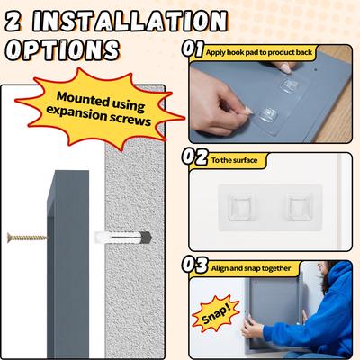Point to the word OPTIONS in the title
pos(59,49)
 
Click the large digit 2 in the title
pos(17,20)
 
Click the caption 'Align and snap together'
pos(265,266)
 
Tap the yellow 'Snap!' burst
pos(220,317)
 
